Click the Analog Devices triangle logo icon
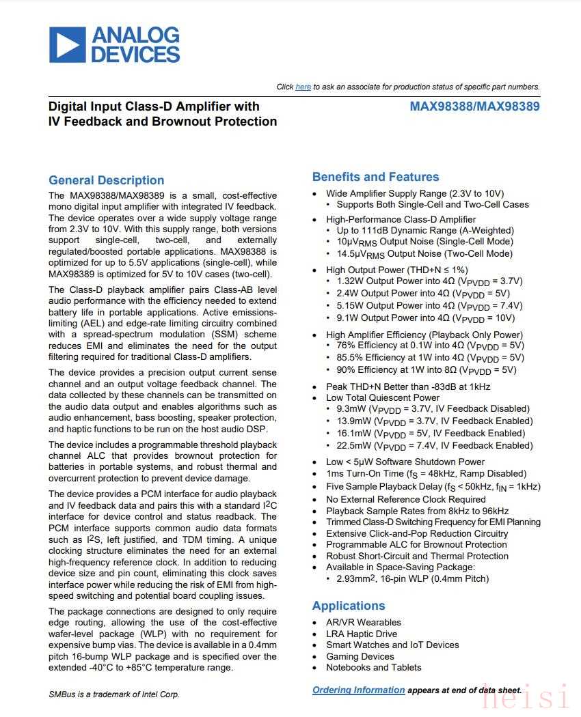[67, 44]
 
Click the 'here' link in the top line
[303, 87]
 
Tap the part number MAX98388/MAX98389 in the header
[474, 107]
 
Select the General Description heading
[106, 180]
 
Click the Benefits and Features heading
[375, 177]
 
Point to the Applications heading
[349, 606]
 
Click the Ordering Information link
[358, 690]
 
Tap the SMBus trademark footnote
[114, 694]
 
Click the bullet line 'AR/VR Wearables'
[363, 622]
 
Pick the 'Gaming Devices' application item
[361, 656]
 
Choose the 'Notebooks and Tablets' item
[373, 667]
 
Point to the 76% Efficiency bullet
[430, 346]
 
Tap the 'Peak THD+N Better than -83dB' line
[408, 386]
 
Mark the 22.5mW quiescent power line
[434, 445]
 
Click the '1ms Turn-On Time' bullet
[426, 473]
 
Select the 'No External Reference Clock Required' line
[405, 499]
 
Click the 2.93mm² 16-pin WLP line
[412, 578]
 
